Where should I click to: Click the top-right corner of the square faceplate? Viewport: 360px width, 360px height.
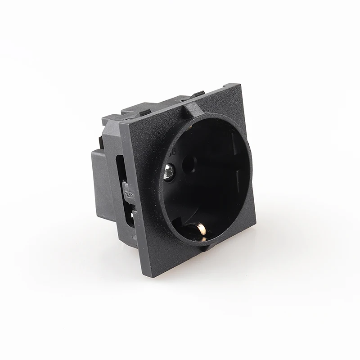(240, 84)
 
